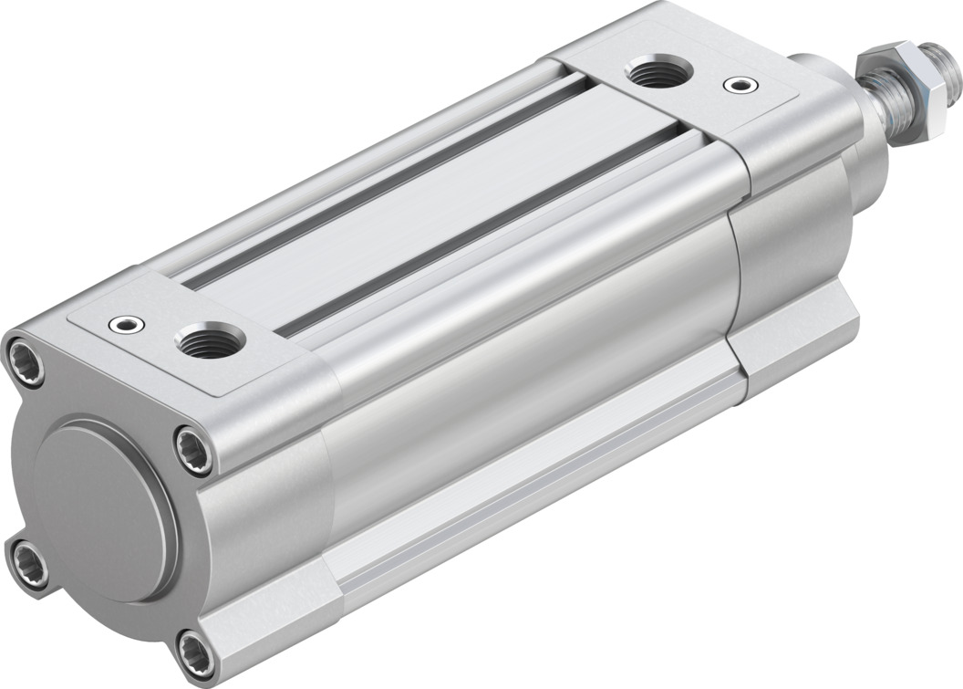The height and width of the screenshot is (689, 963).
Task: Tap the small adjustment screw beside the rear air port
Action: coord(124,323)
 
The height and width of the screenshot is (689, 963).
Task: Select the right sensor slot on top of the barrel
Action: coord(483,228)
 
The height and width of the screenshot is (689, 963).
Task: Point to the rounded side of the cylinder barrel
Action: coord(529,365)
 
